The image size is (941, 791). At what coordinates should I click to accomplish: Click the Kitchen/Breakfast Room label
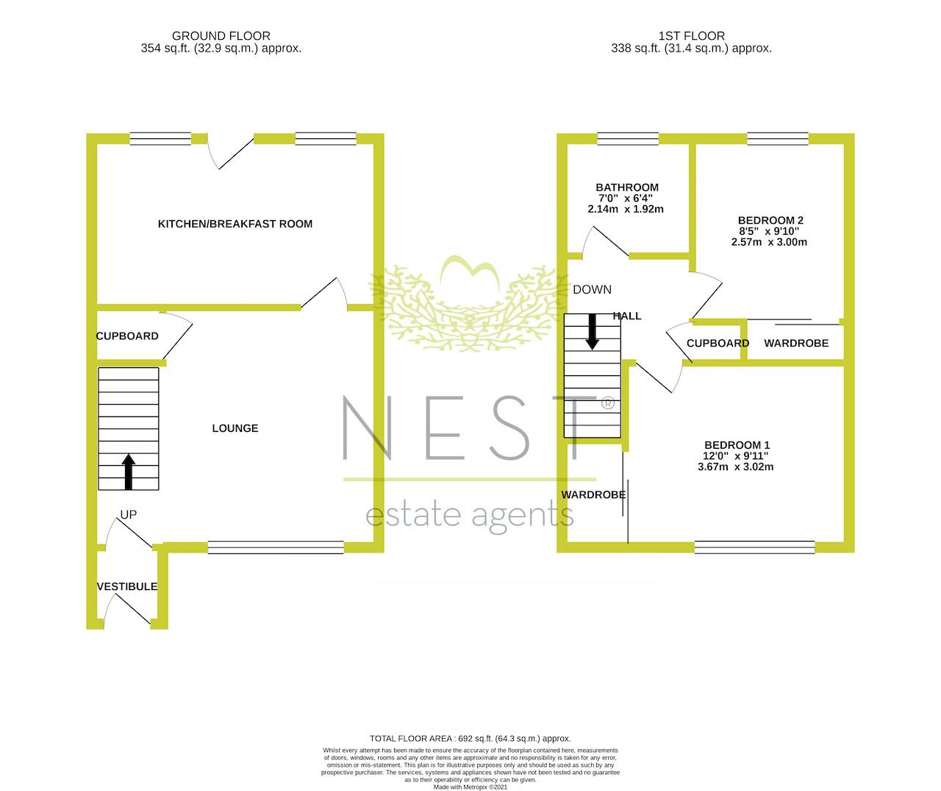pyautogui.click(x=235, y=224)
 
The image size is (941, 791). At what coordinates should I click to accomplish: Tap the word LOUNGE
pyautogui.click(x=235, y=428)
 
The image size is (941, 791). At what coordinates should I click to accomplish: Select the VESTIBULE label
pyautogui.click(x=127, y=586)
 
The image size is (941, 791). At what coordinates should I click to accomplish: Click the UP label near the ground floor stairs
pyautogui.click(x=129, y=514)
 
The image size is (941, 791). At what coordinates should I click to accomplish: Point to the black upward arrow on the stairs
pyautogui.click(x=129, y=472)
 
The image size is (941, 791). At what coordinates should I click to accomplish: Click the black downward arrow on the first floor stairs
pyautogui.click(x=593, y=332)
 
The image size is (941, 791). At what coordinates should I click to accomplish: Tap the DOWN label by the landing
pyautogui.click(x=592, y=290)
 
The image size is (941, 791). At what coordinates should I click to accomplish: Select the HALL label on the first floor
pyautogui.click(x=626, y=316)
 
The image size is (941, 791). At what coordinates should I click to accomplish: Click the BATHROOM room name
pyautogui.click(x=627, y=187)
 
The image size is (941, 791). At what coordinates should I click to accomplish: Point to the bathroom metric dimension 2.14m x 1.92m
pyautogui.click(x=626, y=209)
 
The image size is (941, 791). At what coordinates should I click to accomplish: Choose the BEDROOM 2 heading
pyautogui.click(x=770, y=220)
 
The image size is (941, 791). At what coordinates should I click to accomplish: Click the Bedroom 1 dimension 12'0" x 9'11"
pyautogui.click(x=735, y=455)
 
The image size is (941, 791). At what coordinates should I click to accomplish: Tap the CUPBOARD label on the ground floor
pyautogui.click(x=127, y=336)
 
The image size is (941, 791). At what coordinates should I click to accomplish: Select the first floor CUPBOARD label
pyautogui.click(x=718, y=344)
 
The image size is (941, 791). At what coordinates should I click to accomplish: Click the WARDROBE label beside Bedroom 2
pyautogui.click(x=796, y=344)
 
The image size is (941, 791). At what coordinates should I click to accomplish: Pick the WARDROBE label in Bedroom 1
pyautogui.click(x=593, y=495)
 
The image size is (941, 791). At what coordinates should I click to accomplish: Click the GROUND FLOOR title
pyautogui.click(x=221, y=35)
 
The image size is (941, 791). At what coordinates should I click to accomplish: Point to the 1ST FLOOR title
pyautogui.click(x=691, y=35)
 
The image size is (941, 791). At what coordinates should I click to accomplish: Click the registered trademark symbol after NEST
pyautogui.click(x=607, y=403)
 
